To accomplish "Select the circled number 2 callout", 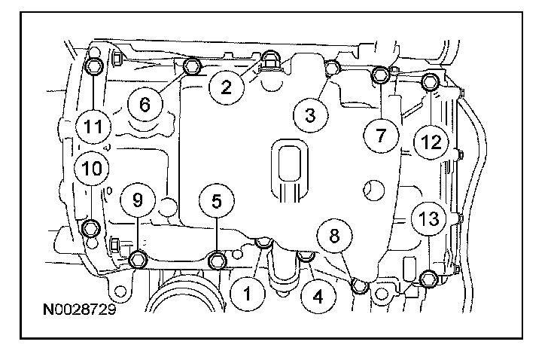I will [225, 87].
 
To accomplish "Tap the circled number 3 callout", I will [309, 115].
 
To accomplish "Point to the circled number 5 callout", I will [217, 201].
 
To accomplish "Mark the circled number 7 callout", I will [381, 136].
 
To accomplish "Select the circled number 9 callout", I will [138, 200].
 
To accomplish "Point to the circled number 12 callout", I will [430, 140].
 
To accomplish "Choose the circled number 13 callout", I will [427, 219].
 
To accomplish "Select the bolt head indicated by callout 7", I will [381, 75].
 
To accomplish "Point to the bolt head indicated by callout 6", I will [191, 68].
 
